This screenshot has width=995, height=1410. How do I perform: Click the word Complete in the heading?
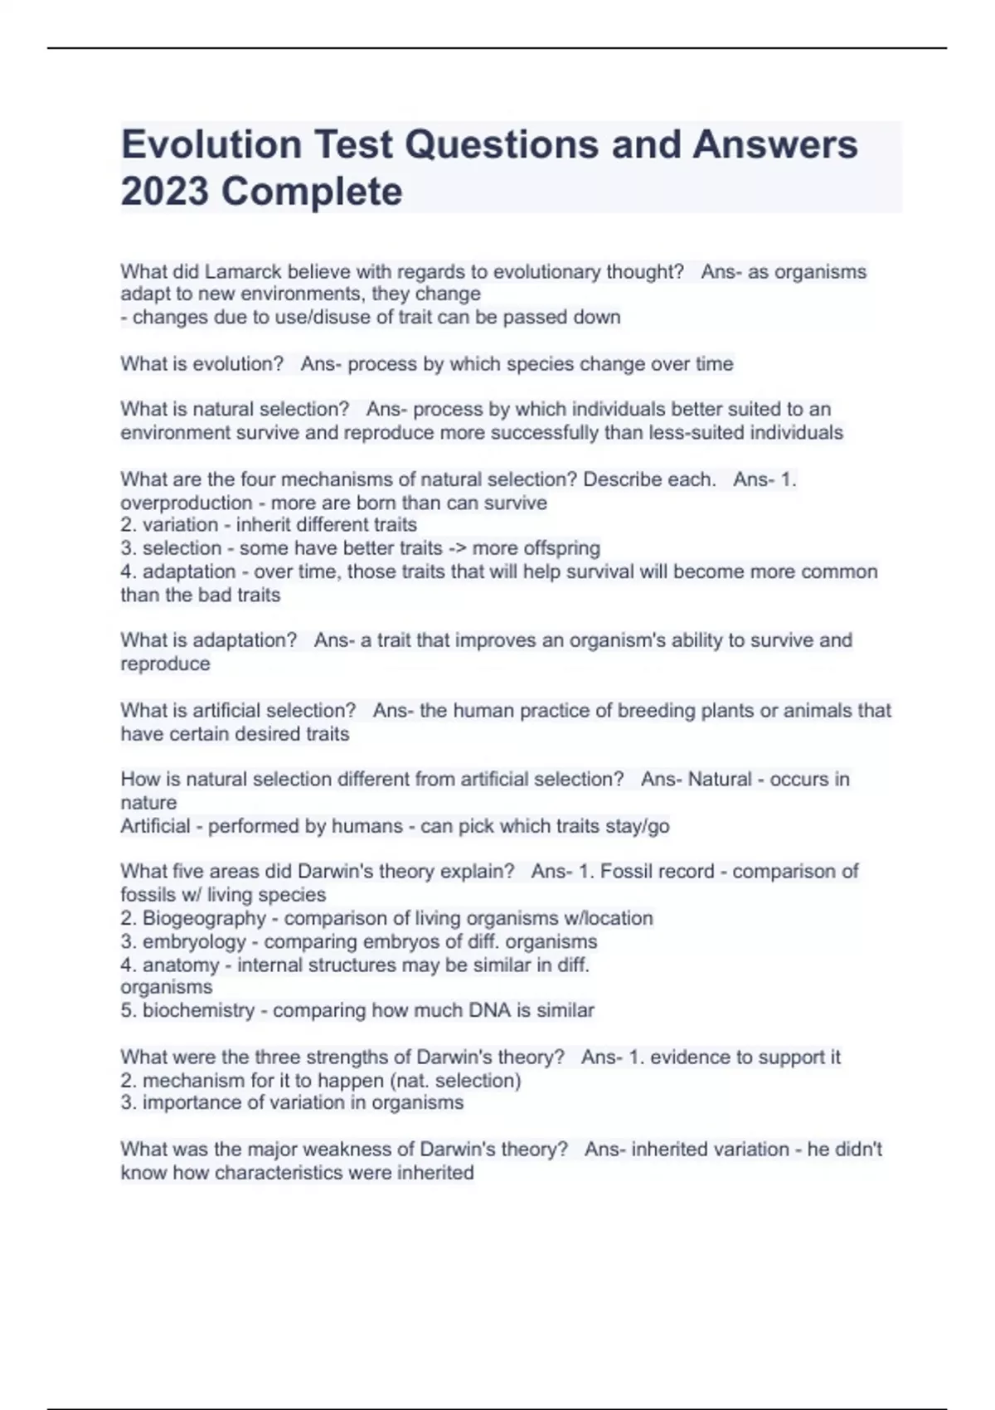[312, 192]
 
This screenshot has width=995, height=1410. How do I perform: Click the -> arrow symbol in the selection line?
[457, 548]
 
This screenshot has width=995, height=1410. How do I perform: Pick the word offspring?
[559, 548]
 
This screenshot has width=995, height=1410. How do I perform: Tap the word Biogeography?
[204, 918]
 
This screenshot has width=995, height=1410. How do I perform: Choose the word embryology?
[194, 941]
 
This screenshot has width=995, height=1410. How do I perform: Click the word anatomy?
[181, 965]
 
